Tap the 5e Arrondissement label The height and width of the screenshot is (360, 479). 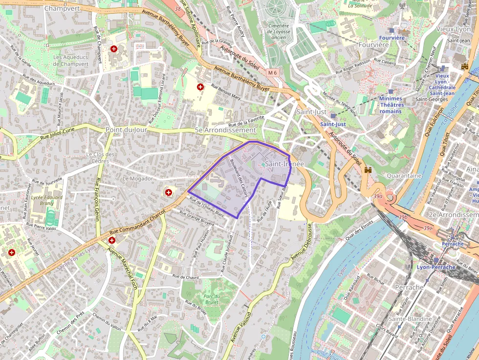[x=225, y=130]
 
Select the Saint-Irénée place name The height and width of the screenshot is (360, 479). [x=284, y=164]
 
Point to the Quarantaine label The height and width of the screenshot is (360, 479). [x=404, y=175]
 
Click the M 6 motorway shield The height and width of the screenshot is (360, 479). [x=272, y=73]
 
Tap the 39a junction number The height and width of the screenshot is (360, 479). [x=377, y=196]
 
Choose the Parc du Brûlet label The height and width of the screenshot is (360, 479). [x=212, y=299]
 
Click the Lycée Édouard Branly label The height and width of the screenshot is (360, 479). [x=47, y=200]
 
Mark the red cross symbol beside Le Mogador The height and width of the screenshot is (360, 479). [x=169, y=192]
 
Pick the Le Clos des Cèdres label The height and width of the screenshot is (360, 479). [x=100, y=158]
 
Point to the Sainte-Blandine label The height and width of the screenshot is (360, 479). [x=410, y=319]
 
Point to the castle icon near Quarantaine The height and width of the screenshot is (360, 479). [x=368, y=170]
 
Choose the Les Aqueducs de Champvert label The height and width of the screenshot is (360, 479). [x=71, y=61]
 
